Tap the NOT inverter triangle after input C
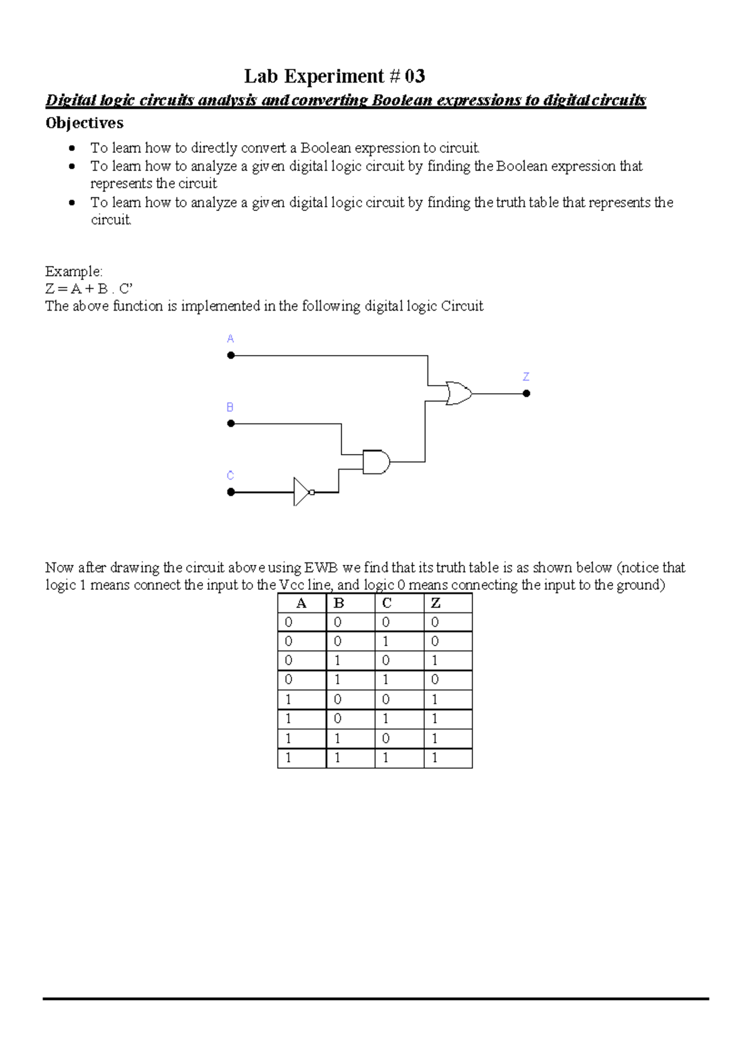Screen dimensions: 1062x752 [303, 492]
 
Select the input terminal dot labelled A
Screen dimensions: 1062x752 [231, 355]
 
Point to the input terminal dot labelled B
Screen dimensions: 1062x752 [231, 423]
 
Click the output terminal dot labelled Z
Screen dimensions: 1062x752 [526, 393]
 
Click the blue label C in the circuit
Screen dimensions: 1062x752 [230, 475]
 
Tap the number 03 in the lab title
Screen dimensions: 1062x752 [415, 76]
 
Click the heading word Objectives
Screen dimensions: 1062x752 [84, 123]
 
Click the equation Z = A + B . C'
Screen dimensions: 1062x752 [89, 289]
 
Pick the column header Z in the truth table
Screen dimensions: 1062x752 [436, 603]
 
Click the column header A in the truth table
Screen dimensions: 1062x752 [301, 603]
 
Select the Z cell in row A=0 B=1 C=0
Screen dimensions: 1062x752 [435, 660]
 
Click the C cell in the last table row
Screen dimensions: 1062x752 [385, 758]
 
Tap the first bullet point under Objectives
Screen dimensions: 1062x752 [73, 148]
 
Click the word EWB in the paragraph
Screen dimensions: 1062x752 [321, 568]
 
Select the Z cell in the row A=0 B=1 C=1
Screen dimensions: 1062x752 [435, 679]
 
